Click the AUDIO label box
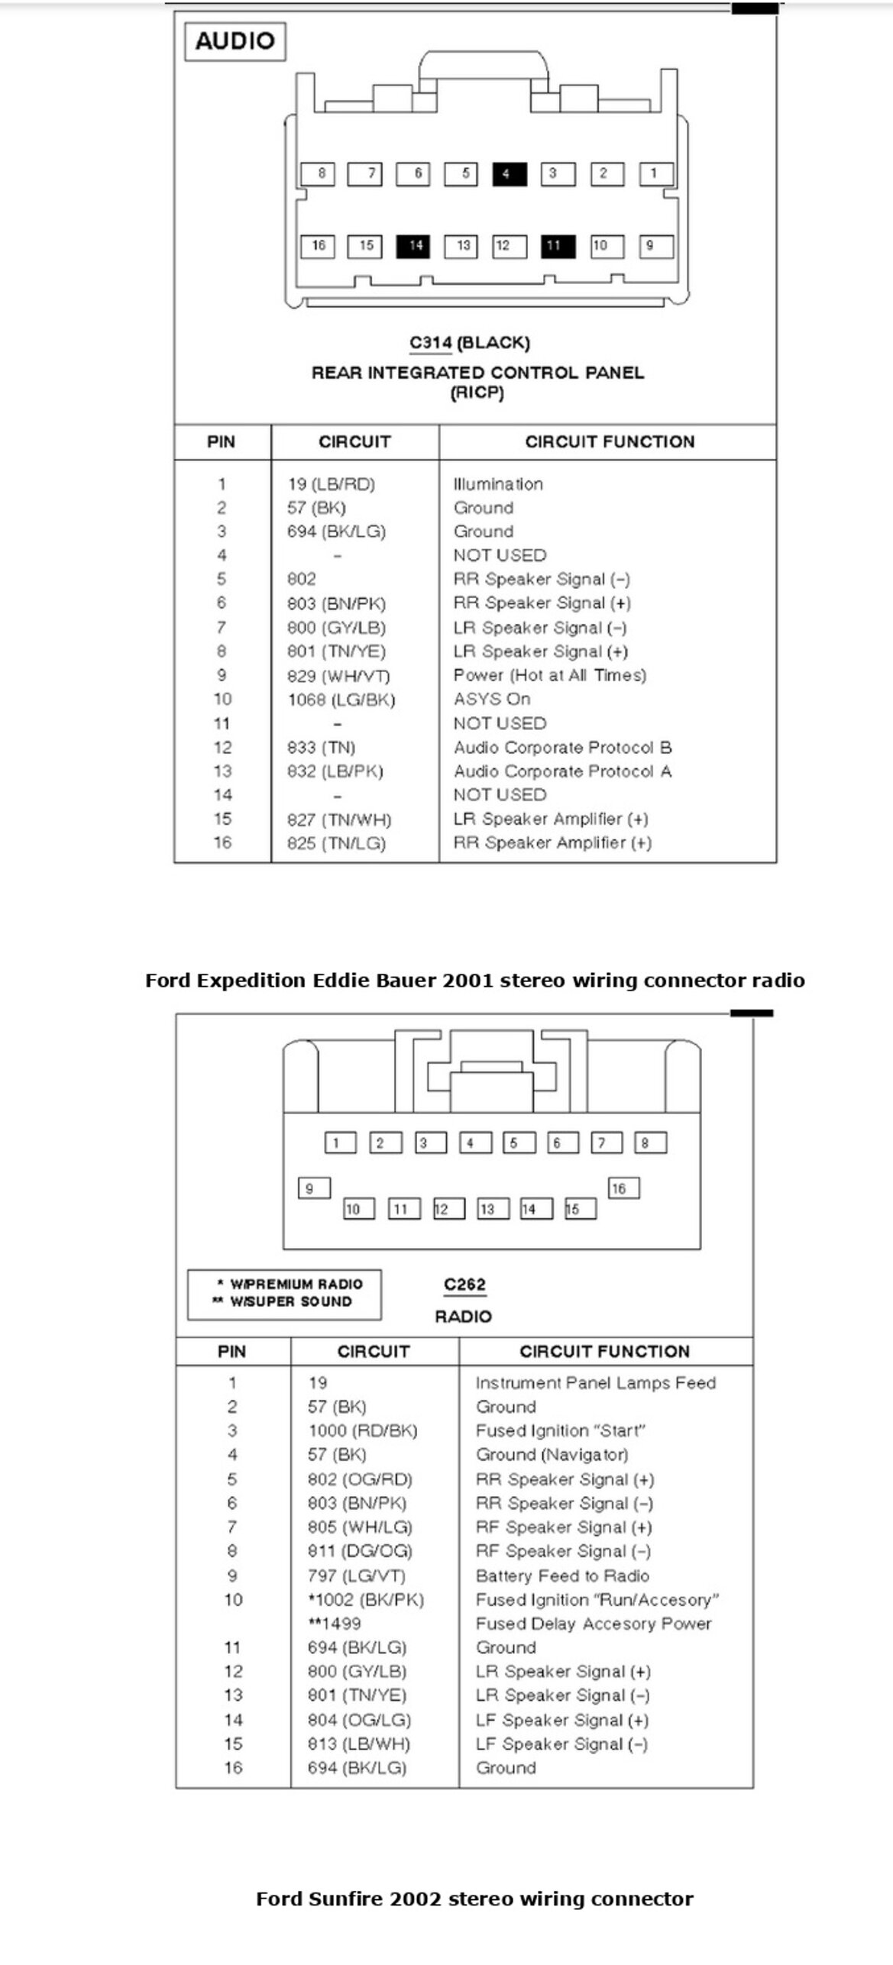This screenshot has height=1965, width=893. (x=235, y=41)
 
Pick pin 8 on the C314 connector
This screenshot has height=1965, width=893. (x=319, y=174)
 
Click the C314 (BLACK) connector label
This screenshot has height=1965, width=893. (x=469, y=343)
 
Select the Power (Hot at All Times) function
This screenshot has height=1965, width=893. (x=549, y=675)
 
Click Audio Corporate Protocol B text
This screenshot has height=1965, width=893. (x=562, y=747)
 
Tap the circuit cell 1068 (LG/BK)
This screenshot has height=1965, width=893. (x=341, y=700)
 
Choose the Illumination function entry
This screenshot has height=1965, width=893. (x=498, y=484)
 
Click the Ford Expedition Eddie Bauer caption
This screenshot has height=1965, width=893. (x=474, y=981)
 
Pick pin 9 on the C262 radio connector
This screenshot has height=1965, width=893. (x=313, y=1188)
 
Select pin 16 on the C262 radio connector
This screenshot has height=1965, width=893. (x=623, y=1188)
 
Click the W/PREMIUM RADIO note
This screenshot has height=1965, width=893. (x=289, y=1285)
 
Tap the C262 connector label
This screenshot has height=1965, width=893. (x=464, y=1285)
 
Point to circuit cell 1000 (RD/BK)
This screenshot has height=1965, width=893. (x=363, y=1430)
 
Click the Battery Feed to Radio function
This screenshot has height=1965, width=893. (x=562, y=1576)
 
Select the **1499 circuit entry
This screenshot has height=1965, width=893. (x=334, y=1624)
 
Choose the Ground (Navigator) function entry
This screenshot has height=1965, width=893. (x=552, y=1455)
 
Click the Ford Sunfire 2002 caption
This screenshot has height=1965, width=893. (x=474, y=1899)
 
